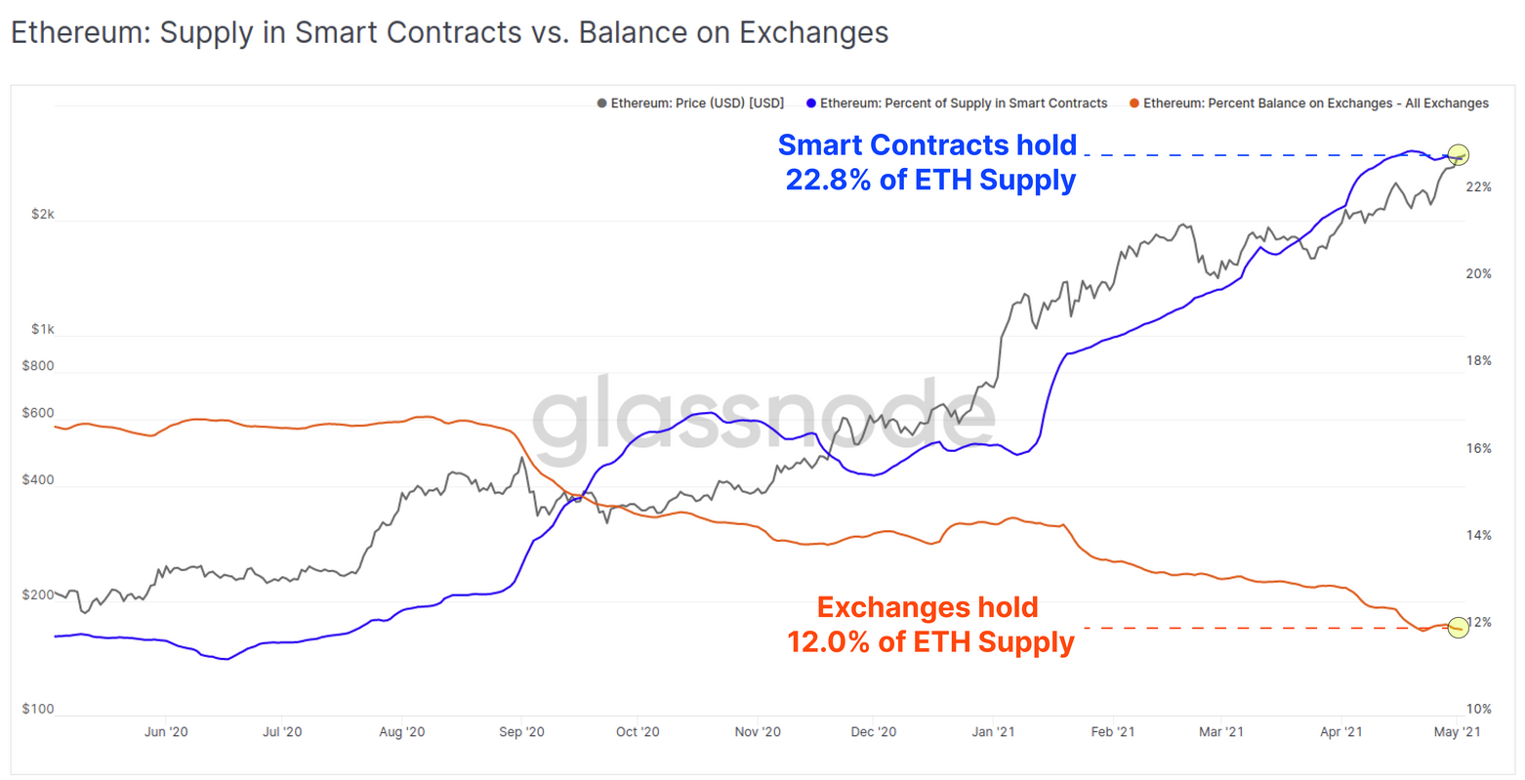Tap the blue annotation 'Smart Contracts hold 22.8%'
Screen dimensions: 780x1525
pyautogui.click(x=927, y=163)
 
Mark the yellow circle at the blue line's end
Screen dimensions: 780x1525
pyautogui.click(x=1458, y=154)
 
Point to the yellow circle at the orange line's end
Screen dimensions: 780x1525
pyautogui.click(x=1458, y=627)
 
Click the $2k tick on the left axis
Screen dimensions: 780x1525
pyautogui.click(x=42, y=214)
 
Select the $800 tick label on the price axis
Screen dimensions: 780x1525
pyautogui.click(x=38, y=366)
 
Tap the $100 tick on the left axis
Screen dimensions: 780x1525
pyautogui.click(x=38, y=709)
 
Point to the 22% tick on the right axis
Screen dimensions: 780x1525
pyautogui.click(x=1478, y=186)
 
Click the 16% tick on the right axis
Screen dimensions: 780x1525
pyautogui.click(x=1478, y=448)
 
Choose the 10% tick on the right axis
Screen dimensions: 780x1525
pyautogui.click(x=1478, y=709)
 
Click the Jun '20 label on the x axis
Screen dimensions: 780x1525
pyautogui.click(x=166, y=731)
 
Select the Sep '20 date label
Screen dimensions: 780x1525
pyautogui.click(x=521, y=731)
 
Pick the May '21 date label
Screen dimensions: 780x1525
pyautogui.click(x=1457, y=731)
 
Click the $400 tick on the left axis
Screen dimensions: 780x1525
pyautogui.click(x=38, y=480)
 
